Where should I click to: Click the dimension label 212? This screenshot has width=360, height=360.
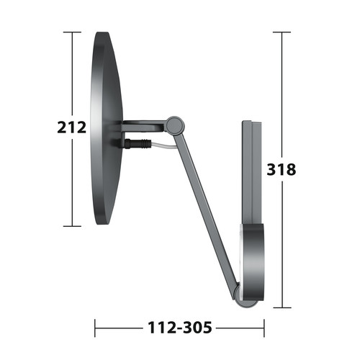[72, 127]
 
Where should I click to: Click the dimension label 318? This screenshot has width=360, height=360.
[282, 169]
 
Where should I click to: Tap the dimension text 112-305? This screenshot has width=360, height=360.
[180, 328]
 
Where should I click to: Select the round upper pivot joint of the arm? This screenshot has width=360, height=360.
[176, 125]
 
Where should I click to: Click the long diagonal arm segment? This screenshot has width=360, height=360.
[205, 209]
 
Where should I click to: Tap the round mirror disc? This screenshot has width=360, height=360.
[107, 128]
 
